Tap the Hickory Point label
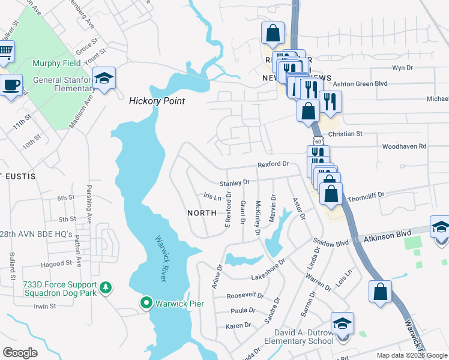click(x=157, y=101)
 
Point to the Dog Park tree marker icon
click(x=106, y=288)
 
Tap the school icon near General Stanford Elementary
click(x=104, y=79)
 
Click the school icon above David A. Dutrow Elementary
click(x=342, y=323)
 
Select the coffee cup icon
click(x=12, y=85)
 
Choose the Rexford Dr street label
click(x=273, y=164)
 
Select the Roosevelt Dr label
click(x=245, y=295)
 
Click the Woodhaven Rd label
click(x=403, y=146)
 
